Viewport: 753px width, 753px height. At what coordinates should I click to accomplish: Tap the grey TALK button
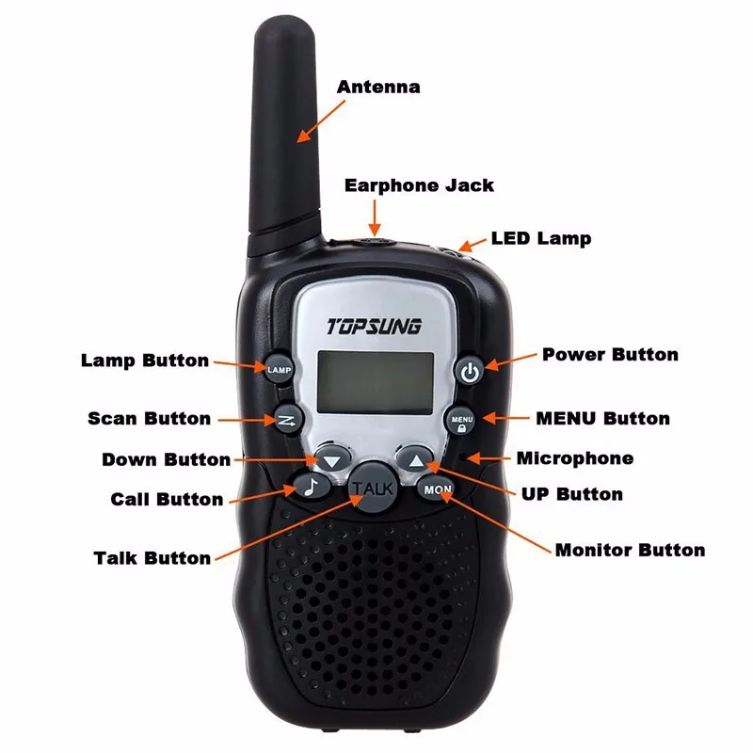click(x=373, y=487)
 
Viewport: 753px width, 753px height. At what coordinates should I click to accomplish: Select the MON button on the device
click(x=438, y=489)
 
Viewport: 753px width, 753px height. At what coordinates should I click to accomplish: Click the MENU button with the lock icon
click(x=462, y=420)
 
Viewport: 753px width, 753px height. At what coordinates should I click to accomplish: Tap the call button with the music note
click(x=312, y=486)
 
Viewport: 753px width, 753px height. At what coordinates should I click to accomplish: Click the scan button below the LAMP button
click(x=288, y=420)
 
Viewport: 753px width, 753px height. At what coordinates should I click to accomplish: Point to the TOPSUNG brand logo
click(x=374, y=328)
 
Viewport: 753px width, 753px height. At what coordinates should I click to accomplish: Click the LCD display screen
click(x=375, y=381)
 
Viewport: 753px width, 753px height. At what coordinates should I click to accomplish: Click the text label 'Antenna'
click(x=378, y=87)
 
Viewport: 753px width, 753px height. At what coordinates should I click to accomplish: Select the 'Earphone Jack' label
click(x=419, y=184)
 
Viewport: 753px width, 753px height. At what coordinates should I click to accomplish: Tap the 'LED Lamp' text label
click(x=541, y=238)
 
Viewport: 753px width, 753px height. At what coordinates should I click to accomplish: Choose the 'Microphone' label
click(x=574, y=458)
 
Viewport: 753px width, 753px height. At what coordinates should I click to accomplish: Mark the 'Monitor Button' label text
click(x=630, y=550)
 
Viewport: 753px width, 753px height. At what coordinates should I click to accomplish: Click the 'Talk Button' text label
click(x=152, y=557)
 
